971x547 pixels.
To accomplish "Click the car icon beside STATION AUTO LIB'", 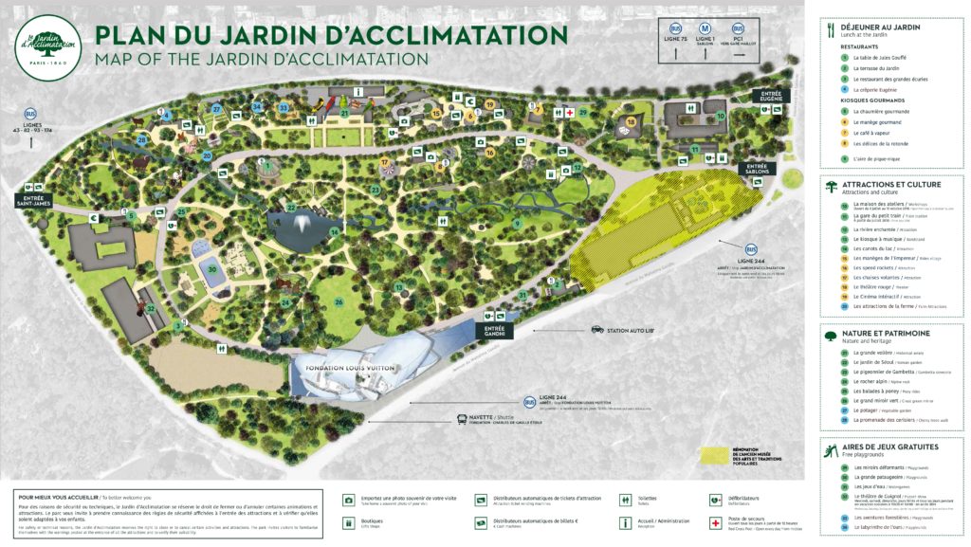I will click(597, 330).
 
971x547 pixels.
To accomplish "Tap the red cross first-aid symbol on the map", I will click(569, 113).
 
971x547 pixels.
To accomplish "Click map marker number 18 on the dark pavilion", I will click(631, 121).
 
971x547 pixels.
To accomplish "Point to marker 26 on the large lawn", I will click(339, 302).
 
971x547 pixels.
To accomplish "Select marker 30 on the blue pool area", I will click(214, 268).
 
